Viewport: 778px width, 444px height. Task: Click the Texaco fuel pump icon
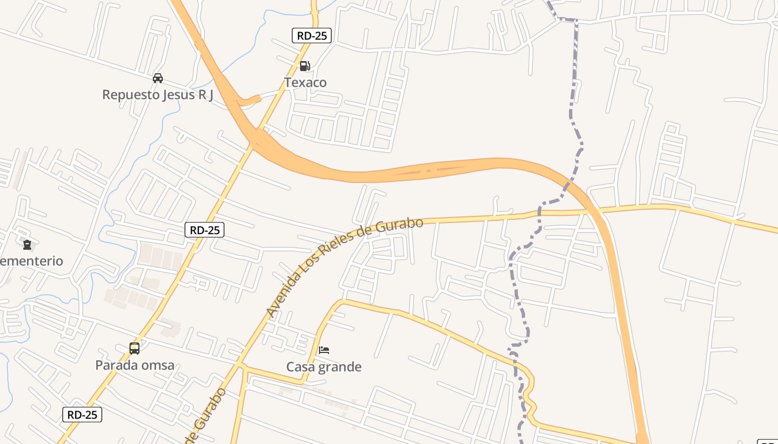305,66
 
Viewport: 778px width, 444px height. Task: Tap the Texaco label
305,83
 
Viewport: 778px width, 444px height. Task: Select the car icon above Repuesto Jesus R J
158,78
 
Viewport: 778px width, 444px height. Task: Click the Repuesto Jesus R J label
158,95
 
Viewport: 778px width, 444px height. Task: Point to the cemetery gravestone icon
27,244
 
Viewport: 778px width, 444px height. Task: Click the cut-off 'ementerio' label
31,261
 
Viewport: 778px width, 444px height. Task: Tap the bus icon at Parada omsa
134,349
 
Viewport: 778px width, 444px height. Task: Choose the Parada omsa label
134,365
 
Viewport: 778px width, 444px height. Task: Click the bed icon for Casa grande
324,350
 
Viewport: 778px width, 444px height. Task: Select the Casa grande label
324,367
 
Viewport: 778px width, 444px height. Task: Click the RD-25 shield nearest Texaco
312,36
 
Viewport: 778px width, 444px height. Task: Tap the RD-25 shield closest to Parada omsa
82,415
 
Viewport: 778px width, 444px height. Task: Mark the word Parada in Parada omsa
113,365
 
